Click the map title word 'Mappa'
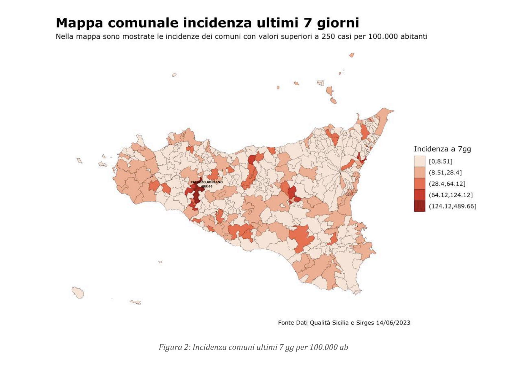[80, 23]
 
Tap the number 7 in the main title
[308, 23]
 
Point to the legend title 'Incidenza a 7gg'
[442, 149]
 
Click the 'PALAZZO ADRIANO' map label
[206, 182]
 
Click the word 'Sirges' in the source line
[365, 322]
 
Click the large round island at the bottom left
[78, 292]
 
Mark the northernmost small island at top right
[352, 55]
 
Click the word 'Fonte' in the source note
[286, 322]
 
